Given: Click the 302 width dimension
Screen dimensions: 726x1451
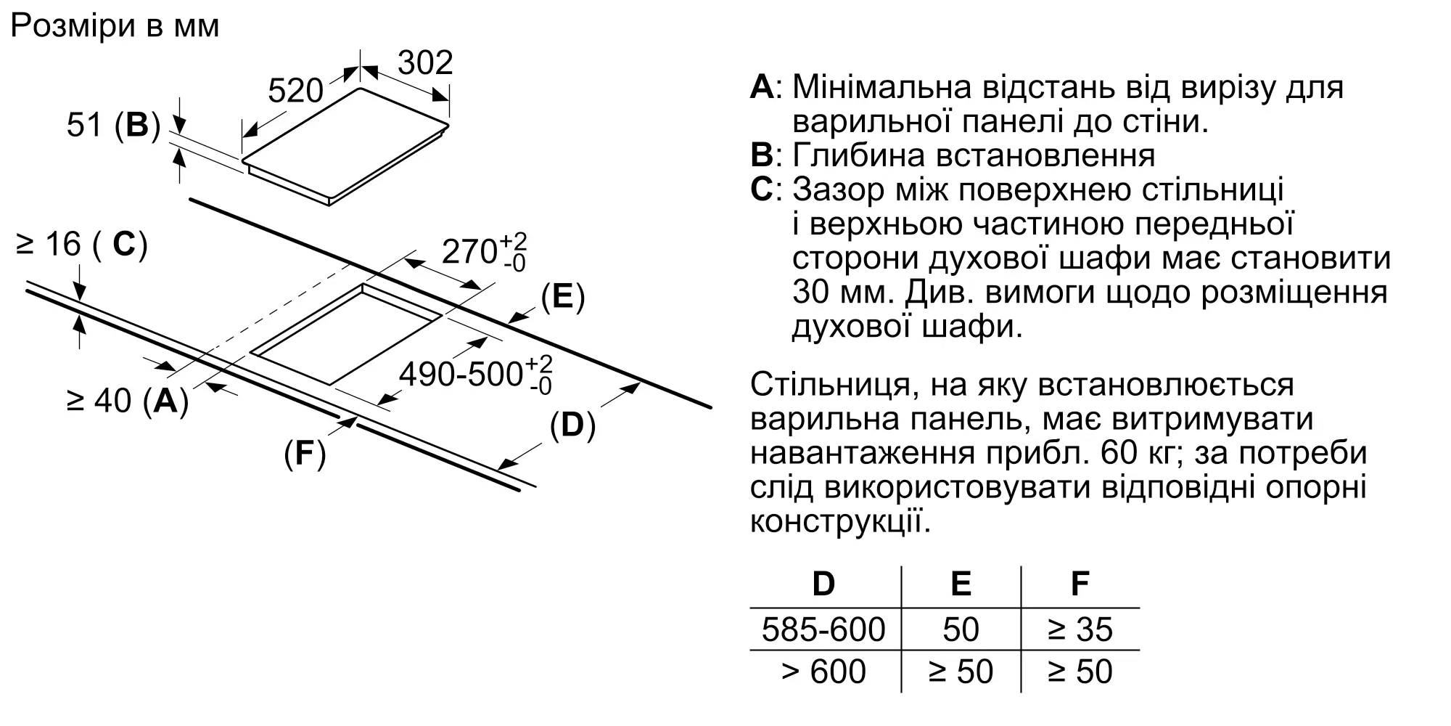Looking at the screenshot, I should pyautogui.click(x=425, y=63).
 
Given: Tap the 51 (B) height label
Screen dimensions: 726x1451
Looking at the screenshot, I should pyautogui.click(x=113, y=125).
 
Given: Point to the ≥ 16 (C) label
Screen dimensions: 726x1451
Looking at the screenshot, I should pyautogui.click(x=82, y=245).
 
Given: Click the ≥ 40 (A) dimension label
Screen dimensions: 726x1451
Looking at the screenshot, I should pyautogui.click(x=128, y=400).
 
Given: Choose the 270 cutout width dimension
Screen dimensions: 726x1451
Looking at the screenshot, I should pyautogui.click(x=483, y=251).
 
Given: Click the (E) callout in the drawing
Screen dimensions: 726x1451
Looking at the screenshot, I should pyautogui.click(x=563, y=297).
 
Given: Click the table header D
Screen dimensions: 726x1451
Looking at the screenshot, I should pyautogui.click(x=823, y=584).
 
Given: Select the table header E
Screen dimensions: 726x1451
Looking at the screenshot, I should pyautogui.click(x=961, y=584).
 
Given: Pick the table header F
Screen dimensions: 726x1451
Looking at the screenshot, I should pyautogui.click(x=1080, y=584).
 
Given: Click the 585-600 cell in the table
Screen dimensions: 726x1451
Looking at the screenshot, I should pyautogui.click(x=823, y=629).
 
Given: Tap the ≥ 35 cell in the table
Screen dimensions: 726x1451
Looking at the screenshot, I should pyautogui.click(x=1080, y=629).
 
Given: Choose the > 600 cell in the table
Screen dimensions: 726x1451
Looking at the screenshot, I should pyautogui.click(x=823, y=672).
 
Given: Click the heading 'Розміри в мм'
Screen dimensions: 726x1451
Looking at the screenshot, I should pyautogui.click(x=115, y=27).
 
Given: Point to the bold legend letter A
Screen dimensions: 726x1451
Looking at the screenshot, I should pyautogui.click(x=762, y=87).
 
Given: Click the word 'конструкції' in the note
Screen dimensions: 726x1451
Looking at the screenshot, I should pyautogui.click(x=839, y=522).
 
